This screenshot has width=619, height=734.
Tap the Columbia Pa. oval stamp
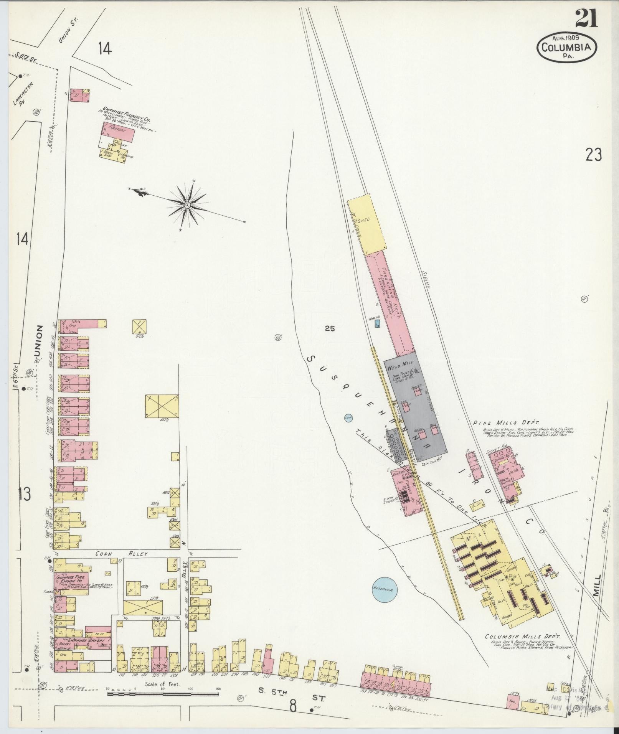coord(566,48)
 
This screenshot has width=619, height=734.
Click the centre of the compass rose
coord(187,206)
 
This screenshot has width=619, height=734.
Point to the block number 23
coord(594,155)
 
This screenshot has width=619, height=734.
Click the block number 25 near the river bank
coord(329,328)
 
